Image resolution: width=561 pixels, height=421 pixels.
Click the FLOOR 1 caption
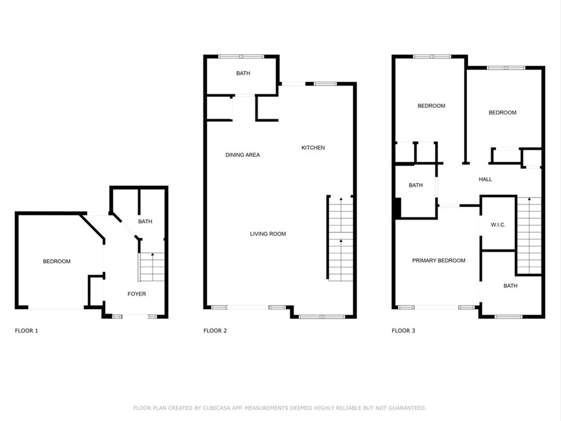point(26,331)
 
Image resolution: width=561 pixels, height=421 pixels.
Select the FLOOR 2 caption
point(215,331)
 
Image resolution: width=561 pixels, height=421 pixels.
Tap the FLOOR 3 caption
point(403,331)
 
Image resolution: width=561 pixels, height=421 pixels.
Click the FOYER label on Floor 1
point(136,294)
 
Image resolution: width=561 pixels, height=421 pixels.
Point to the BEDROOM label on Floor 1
point(56,261)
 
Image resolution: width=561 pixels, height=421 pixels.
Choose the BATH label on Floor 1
point(145,221)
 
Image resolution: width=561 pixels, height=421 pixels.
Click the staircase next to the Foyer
point(152,268)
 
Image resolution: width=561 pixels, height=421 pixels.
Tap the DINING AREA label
point(243,155)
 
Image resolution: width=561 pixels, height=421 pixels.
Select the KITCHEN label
point(313,147)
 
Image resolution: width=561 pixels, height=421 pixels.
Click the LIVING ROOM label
point(268,234)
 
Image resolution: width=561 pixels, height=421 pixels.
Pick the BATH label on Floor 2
point(243,73)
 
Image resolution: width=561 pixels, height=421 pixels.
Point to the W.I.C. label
point(498,225)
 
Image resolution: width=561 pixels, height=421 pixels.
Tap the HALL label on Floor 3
point(485,179)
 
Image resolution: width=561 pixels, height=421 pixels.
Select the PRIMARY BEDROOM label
point(439,260)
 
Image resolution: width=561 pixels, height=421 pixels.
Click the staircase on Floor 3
point(529,236)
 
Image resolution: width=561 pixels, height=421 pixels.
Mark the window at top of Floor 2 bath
point(241,56)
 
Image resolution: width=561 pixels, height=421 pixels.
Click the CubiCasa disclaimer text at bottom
point(280,408)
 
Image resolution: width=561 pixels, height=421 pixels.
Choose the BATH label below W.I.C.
point(511,286)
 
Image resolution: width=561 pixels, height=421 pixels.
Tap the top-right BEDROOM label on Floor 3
point(502,112)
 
